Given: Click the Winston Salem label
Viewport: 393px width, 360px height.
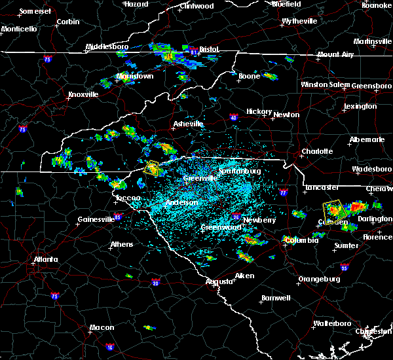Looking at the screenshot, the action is pyautogui.click(x=326, y=85).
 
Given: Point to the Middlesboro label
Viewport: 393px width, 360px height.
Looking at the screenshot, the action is pyautogui.click(x=109, y=47).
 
